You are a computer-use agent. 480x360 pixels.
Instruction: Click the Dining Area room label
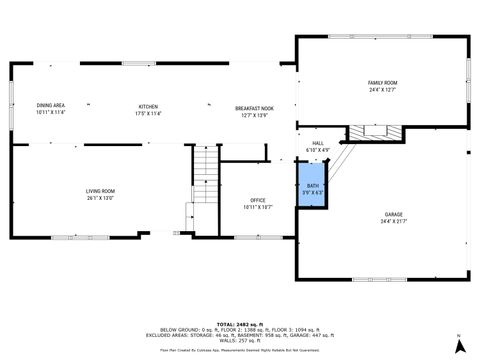tap(51, 105)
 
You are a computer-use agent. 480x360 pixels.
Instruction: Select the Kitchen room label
tap(148, 105)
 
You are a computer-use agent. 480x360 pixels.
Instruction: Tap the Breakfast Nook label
tap(255, 107)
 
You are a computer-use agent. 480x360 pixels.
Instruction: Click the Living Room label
tap(100, 190)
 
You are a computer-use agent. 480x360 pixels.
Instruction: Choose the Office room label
tap(257, 200)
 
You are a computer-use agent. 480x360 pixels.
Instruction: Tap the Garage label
tap(393, 215)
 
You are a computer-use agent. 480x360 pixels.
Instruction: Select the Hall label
tap(318, 143)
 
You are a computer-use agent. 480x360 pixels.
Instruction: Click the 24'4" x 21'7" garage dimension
tap(393, 222)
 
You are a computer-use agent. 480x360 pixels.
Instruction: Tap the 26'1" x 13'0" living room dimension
tap(100, 197)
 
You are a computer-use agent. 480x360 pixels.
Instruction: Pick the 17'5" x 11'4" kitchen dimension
tap(148, 112)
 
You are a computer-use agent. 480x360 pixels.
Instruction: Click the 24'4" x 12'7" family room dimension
tap(382, 89)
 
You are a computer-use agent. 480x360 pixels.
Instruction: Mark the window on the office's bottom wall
tap(250, 237)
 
